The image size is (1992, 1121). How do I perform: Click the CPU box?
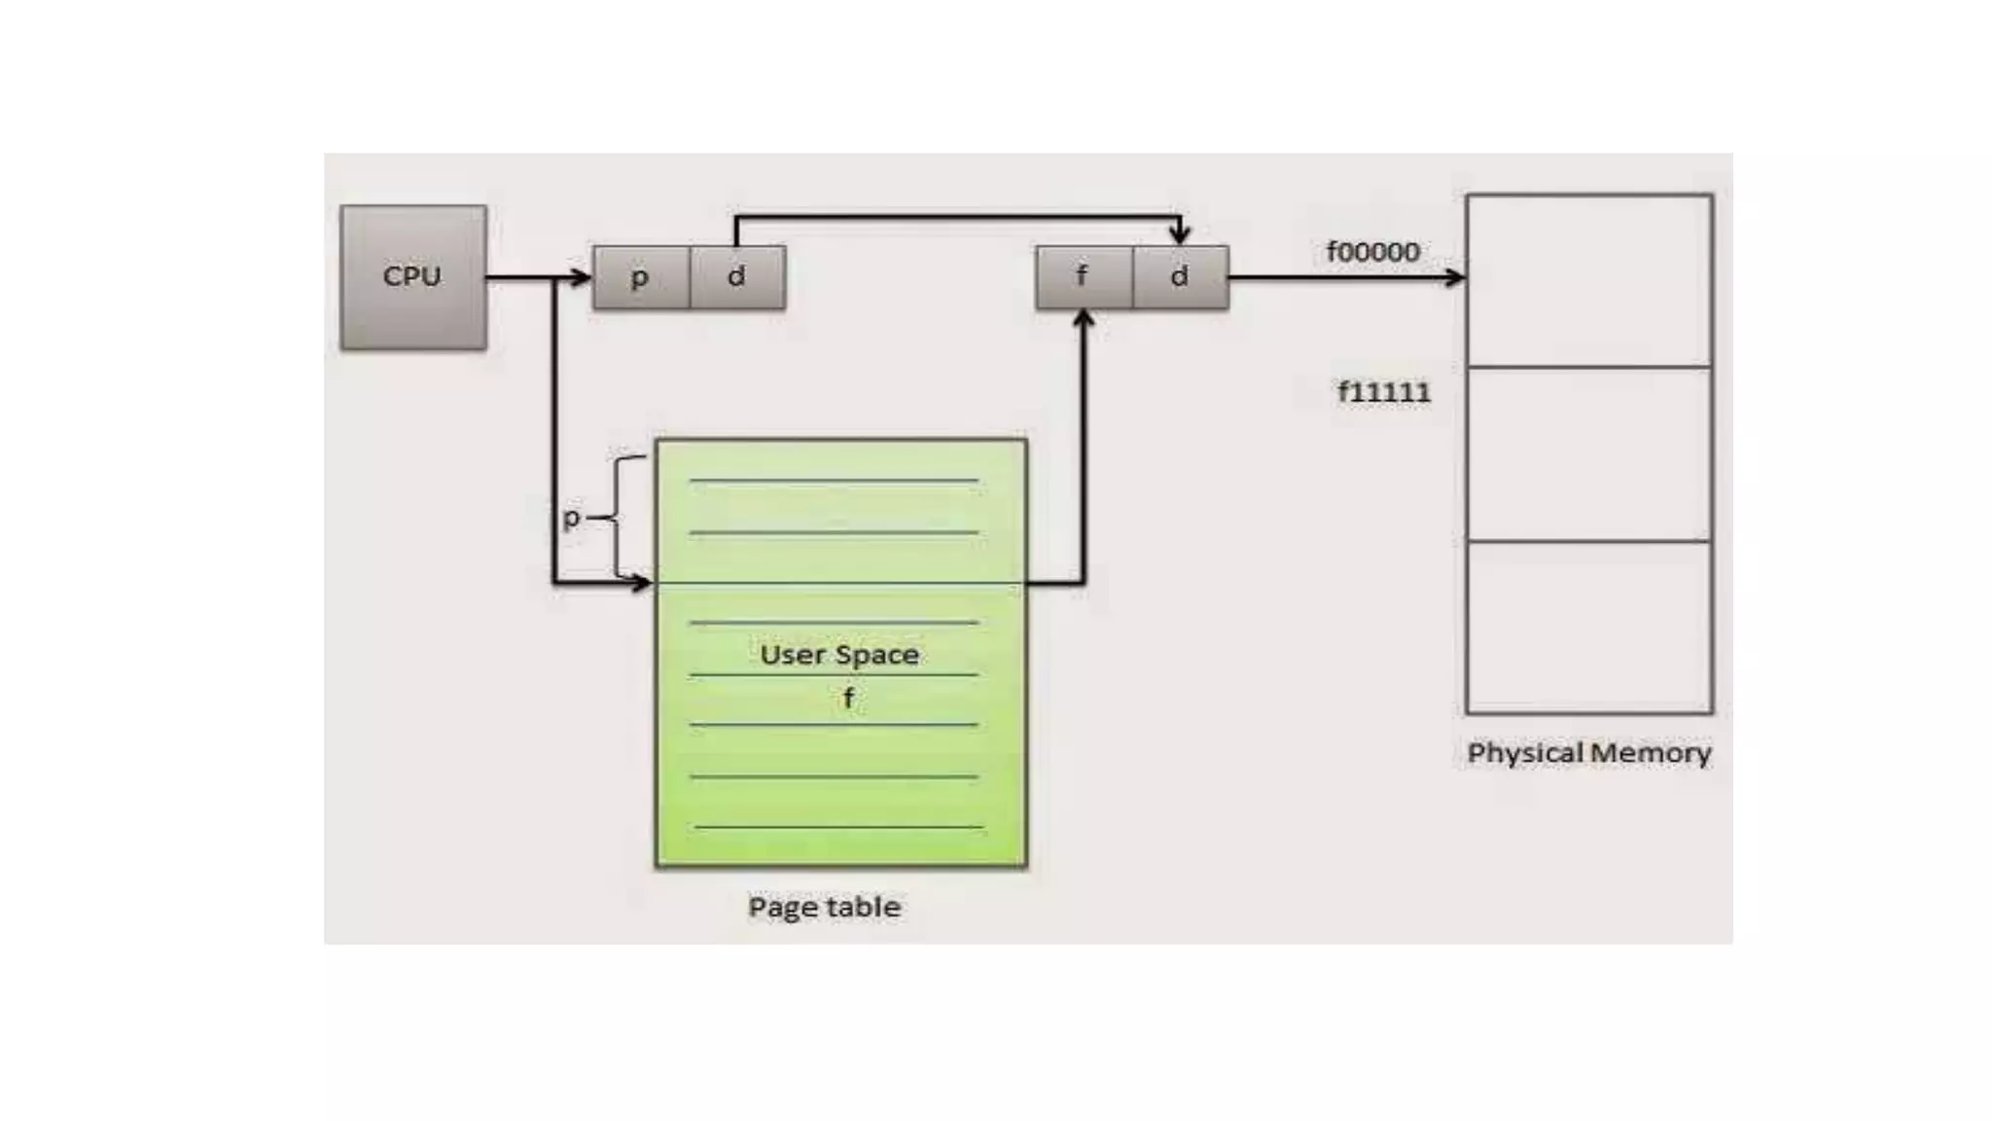click(x=413, y=277)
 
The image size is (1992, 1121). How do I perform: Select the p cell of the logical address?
click(x=640, y=277)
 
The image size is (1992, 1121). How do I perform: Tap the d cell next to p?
click(x=736, y=277)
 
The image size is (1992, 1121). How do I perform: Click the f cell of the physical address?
click(x=1083, y=277)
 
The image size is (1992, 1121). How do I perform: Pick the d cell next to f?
click(x=1180, y=277)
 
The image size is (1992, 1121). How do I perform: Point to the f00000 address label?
click(x=1372, y=252)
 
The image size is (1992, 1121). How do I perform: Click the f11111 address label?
click(x=1384, y=393)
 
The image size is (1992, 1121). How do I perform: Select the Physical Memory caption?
click(x=1588, y=753)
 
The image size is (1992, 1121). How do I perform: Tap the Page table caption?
click(x=824, y=907)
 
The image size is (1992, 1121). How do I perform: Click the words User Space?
click(x=838, y=655)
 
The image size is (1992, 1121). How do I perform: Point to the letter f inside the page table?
click(x=848, y=699)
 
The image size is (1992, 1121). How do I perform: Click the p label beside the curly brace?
click(x=572, y=518)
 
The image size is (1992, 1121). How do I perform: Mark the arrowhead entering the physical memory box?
click(x=1456, y=278)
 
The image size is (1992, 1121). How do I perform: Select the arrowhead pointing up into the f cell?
click(x=1084, y=320)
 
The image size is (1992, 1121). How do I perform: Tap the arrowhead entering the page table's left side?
click(x=642, y=584)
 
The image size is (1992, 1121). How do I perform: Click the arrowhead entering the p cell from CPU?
click(x=581, y=278)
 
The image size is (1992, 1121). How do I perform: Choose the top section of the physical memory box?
click(x=1588, y=280)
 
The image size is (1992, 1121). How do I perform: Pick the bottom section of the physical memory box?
click(x=1588, y=627)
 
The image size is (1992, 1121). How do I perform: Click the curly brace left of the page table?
click(x=622, y=518)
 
